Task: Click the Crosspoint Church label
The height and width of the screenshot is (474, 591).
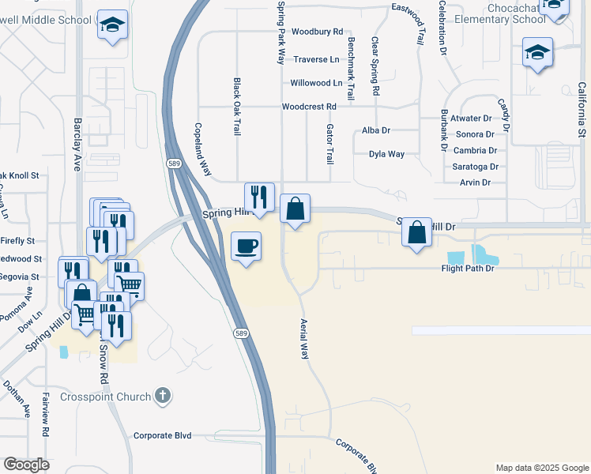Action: (x=106, y=396)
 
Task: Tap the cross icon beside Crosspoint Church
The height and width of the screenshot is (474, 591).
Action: (x=162, y=395)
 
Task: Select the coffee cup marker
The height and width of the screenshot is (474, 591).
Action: (x=247, y=247)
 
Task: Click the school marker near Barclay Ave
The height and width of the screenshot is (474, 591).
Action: (x=112, y=25)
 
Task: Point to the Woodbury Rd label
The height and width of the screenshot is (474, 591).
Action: (x=316, y=32)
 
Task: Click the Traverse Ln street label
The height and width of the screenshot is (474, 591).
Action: (x=316, y=59)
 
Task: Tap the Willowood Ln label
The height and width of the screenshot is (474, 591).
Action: (x=316, y=83)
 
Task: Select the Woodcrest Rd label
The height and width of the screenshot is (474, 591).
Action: (x=309, y=107)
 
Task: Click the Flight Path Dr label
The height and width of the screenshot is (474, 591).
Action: (x=467, y=269)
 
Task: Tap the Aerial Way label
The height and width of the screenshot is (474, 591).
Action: (x=303, y=339)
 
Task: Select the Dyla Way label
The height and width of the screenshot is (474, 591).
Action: (x=386, y=154)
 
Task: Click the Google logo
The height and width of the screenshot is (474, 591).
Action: (x=26, y=465)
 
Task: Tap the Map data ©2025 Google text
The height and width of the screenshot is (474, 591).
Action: (x=541, y=468)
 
